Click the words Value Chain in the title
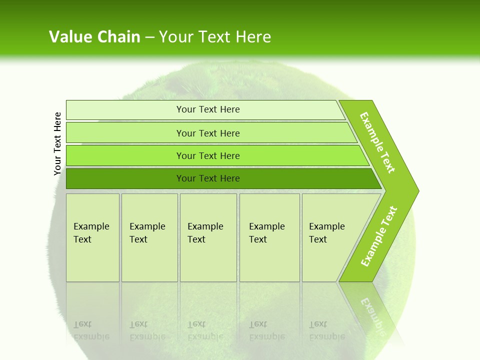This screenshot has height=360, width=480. [x=94, y=37]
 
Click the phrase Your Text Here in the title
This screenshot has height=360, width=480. [x=215, y=37]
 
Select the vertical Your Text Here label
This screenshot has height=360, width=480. [x=57, y=143]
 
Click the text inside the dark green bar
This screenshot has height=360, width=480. [x=208, y=178]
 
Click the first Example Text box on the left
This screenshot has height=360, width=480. [x=92, y=237]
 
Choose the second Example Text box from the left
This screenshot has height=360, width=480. [x=149, y=237]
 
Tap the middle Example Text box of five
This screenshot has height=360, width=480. [x=208, y=237]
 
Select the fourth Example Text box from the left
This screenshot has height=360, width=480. [x=269, y=237]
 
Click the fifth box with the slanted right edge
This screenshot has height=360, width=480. [x=330, y=237]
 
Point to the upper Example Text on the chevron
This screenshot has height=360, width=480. [x=378, y=142]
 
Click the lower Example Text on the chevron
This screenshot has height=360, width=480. [x=379, y=236]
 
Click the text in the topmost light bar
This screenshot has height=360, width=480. [x=208, y=109]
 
